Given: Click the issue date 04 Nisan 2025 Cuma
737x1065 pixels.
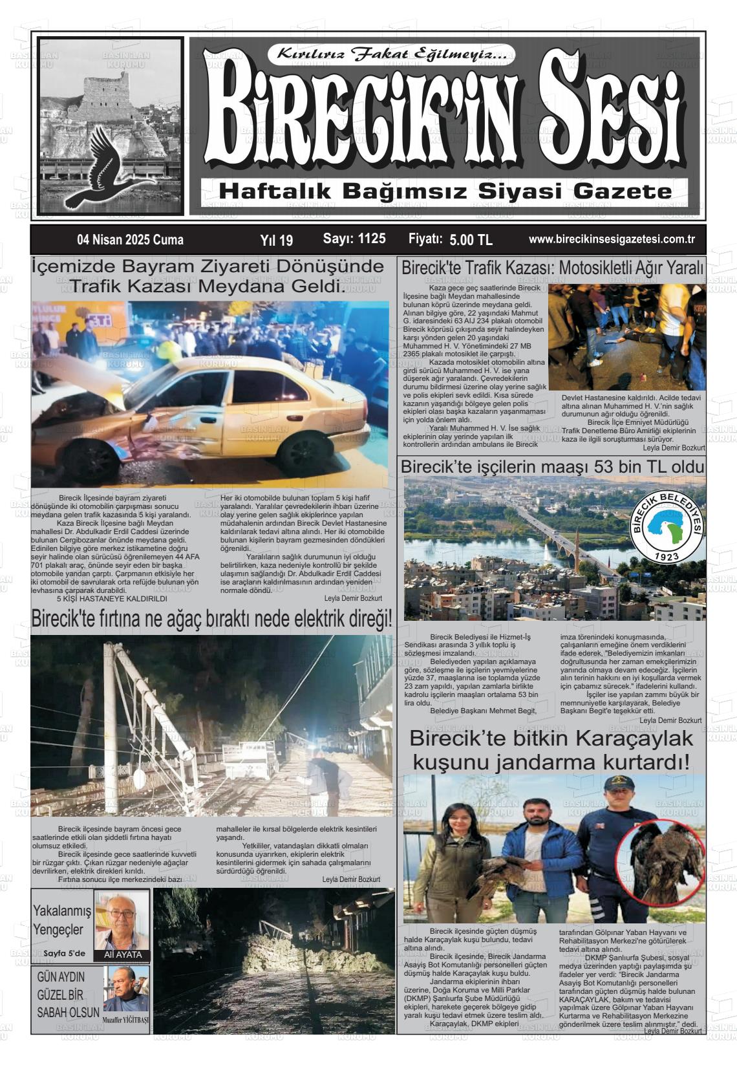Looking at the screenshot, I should pyautogui.click(x=130, y=240).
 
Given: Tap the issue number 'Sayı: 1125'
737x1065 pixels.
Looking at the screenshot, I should pyautogui.click(x=354, y=239).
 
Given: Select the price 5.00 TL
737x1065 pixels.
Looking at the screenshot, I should pyautogui.click(x=471, y=240).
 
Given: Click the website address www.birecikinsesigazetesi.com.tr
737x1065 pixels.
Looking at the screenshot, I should pyautogui.click(x=612, y=239).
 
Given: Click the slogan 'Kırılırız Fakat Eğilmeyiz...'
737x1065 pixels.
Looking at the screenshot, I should pyautogui.click(x=396, y=54).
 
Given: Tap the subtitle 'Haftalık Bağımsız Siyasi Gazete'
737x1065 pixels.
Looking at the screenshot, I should pyautogui.click(x=445, y=191).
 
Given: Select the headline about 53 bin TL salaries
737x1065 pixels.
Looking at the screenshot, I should pyautogui.click(x=551, y=466).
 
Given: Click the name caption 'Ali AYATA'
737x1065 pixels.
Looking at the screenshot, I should pyautogui.click(x=122, y=954).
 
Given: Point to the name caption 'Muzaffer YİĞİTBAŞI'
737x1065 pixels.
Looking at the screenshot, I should pyautogui.click(x=125, y=1021).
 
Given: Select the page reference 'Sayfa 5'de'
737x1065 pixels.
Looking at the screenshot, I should pyautogui.click(x=64, y=953).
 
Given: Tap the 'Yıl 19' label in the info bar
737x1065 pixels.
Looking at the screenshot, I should pyautogui.click(x=276, y=241).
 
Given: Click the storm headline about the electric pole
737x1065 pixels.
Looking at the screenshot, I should pyautogui.click(x=211, y=619).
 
